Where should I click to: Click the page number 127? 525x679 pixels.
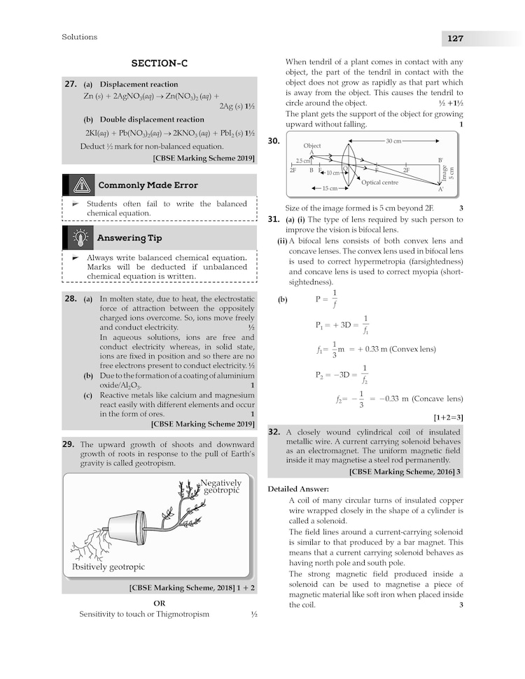pyautogui.click(x=451, y=38)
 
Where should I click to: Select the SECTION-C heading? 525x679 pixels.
pyautogui.click(x=159, y=64)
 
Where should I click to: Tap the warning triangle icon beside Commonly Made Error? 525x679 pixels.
pyautogui.click(x=82, y=185)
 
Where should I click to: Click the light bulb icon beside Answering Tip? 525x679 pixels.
pyautogui.click(x=82, y=238)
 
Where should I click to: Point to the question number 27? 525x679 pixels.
pyautogui.click(x=70, y=84)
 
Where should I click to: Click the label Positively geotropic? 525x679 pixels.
pyautogui.click(x=108, y=567)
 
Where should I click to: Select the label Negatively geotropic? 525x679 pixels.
pyautogui.click(x=220, y=487)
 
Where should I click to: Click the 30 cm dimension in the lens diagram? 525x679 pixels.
pyautogui.click(x=393, y=141)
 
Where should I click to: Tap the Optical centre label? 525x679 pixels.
pyautogui.click(x=379, y=183)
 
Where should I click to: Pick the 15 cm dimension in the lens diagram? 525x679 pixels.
pyautogui.click(x=330, y=188)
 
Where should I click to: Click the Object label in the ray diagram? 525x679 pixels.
pyautogui.click(x=312, y=145)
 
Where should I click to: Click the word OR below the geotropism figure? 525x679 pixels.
pyautogui.click(x=159, y=603)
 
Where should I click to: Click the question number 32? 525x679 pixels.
pyautogui.click(x=274, y=432)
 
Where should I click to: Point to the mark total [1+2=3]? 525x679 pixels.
pyautogui.click(x=449, y=417)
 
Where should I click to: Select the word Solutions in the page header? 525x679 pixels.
pyautogui.click(x=80, y=37)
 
